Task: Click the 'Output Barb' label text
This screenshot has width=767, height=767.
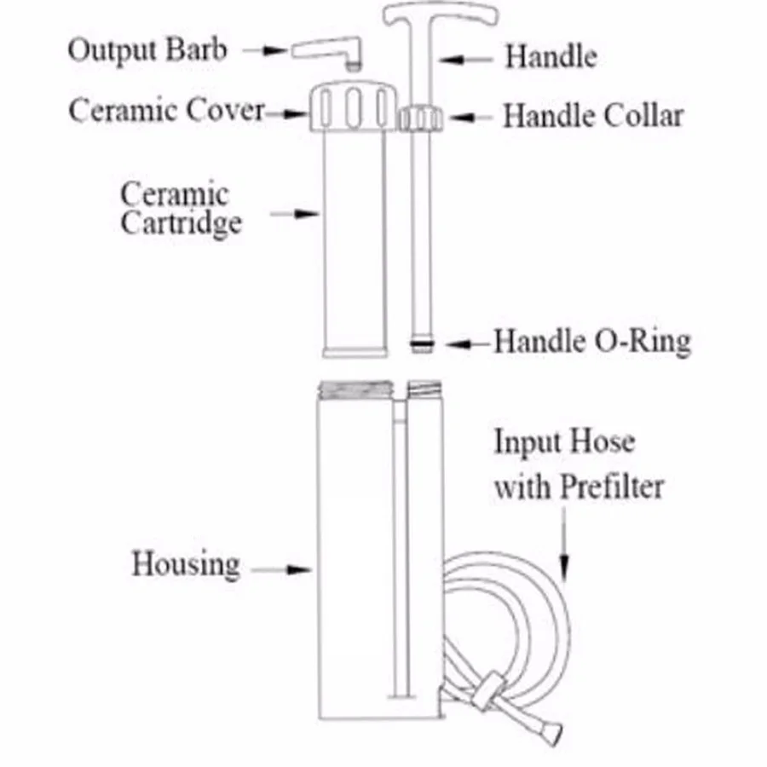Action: point(147,49)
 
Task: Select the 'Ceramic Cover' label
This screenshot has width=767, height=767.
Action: point(166,110)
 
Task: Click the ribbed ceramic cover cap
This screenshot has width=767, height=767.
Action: point(352,107)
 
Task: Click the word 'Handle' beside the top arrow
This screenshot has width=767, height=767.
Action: point(551,57)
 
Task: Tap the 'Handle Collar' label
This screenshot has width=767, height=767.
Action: point(593,115)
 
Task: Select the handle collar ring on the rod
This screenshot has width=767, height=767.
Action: point(420,117)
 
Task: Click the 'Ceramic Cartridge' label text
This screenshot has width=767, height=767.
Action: point(181,208)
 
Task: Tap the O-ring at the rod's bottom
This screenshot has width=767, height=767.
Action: point(421,344)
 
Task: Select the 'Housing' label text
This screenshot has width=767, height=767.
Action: point(185,564)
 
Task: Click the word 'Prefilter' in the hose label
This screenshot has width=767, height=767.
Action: point(612,487)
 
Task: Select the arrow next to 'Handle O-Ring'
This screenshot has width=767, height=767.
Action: point(469,343)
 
